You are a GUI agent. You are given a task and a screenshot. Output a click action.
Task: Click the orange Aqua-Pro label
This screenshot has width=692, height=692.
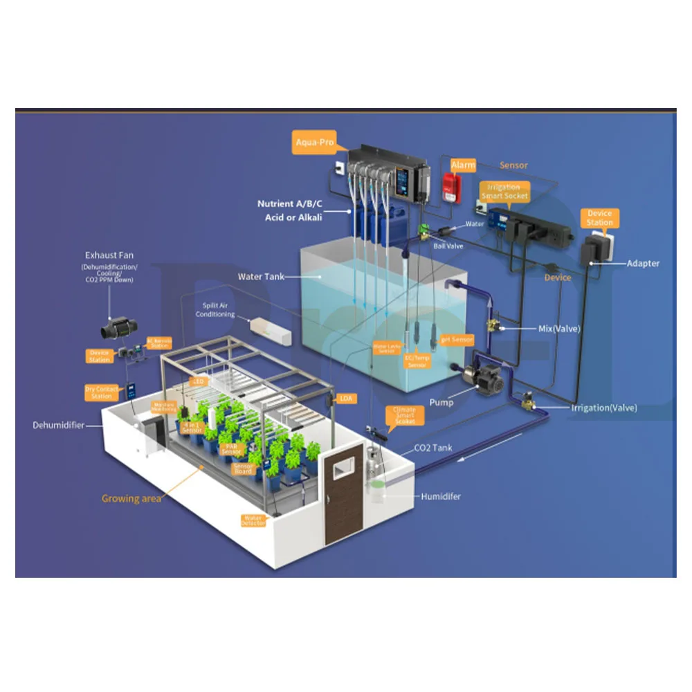tap(315, 143)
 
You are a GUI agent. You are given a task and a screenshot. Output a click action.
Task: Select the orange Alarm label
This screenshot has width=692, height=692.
tap(463, 165)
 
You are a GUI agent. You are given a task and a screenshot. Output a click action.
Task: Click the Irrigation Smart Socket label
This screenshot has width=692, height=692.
tap(507, 191)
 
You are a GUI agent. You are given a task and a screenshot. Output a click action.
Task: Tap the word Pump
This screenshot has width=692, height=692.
tap(441, 402)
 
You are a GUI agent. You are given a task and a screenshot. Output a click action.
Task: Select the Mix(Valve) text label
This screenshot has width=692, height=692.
tap(559, 328)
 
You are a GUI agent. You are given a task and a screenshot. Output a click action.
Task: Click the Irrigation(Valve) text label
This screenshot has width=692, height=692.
tap(603, 408)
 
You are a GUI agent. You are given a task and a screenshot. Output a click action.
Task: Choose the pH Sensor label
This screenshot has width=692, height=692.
tap(457, 340)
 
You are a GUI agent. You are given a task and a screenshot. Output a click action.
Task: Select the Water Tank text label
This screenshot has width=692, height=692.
tap(259, 277)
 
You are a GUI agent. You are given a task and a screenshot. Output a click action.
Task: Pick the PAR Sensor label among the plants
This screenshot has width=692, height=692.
tap(231, 448)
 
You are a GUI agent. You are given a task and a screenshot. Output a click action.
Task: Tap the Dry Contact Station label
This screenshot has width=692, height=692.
tap(102, 392)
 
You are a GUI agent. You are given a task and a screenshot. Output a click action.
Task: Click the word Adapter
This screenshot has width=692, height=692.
tap(643, 263)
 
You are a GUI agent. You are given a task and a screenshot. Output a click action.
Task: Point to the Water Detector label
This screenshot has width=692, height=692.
tap(253, 520)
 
